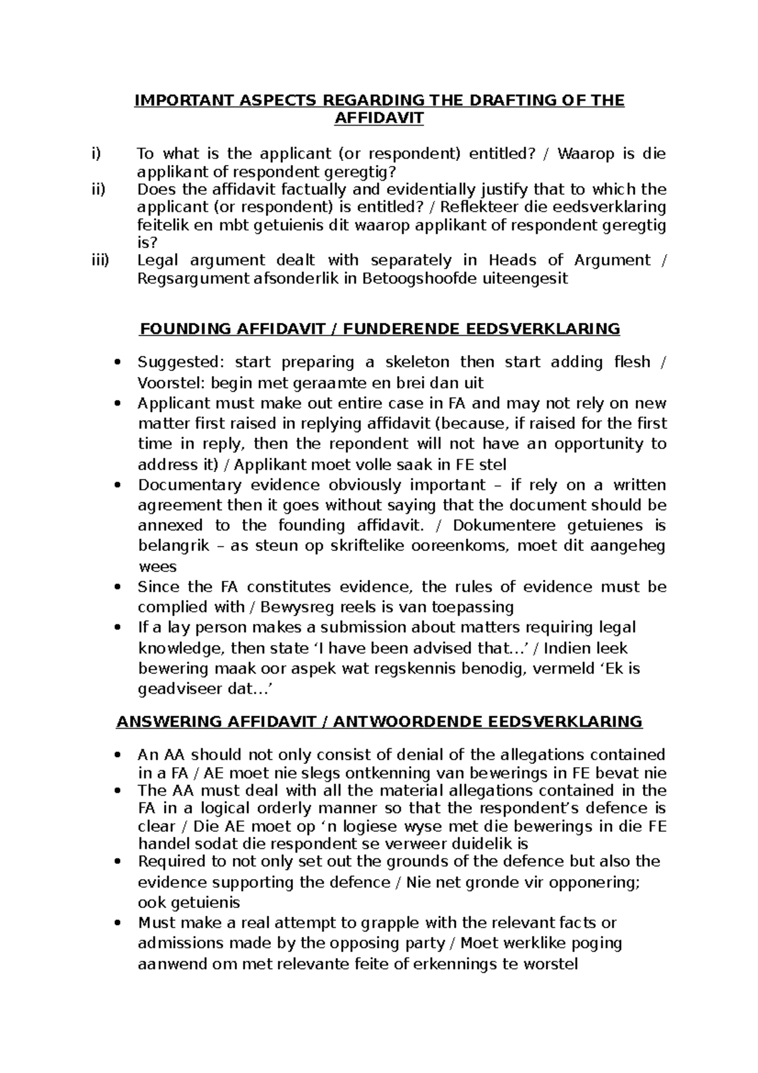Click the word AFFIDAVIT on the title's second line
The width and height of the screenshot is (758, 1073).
(x=379, y=118)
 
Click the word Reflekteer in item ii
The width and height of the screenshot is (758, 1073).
(x=477, y=207)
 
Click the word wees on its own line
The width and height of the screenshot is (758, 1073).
(x=157, y=567)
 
